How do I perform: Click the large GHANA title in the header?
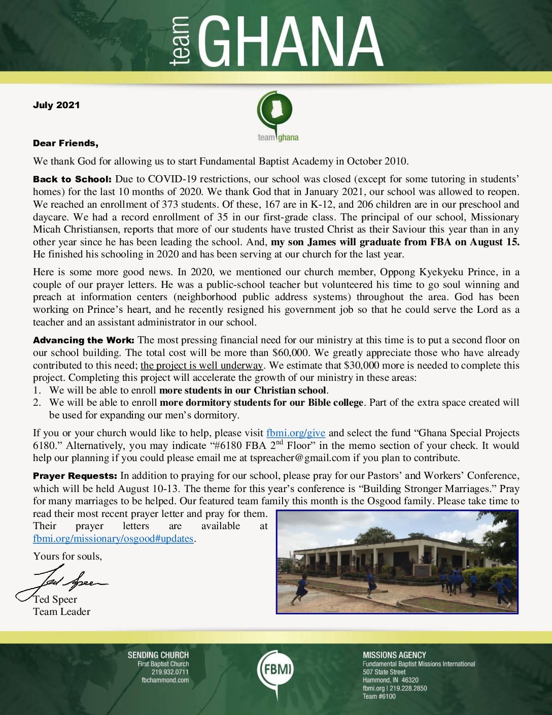291,42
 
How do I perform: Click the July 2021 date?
56,105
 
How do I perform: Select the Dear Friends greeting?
65,143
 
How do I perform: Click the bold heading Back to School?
72,179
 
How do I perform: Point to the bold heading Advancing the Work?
84,340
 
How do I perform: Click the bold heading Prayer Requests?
75,476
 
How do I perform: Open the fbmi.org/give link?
296,433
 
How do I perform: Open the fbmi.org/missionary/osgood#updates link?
113,539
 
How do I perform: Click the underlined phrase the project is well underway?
202,366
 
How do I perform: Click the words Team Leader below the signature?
61,612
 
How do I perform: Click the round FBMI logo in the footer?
275,670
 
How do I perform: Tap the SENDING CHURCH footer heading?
158,655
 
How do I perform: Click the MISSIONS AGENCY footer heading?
394,655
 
